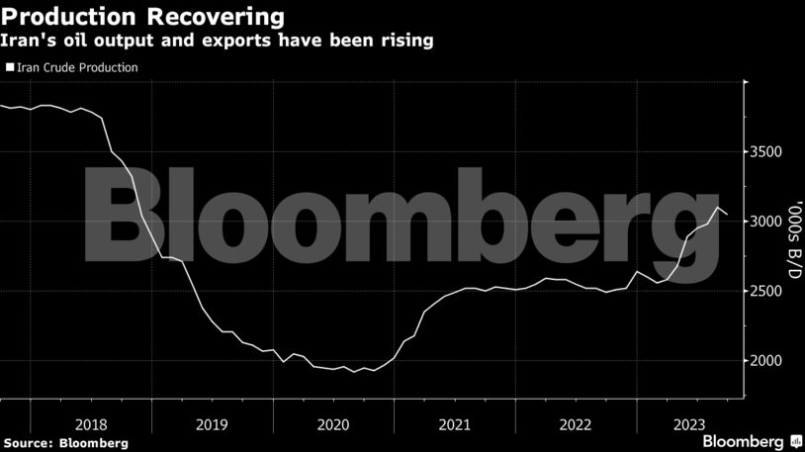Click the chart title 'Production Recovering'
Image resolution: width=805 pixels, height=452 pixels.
point(144,17)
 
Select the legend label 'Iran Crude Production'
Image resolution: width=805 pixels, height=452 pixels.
point(76,67)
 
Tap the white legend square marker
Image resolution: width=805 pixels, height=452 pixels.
point(10,67)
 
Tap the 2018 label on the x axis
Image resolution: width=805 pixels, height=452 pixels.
point(91,423)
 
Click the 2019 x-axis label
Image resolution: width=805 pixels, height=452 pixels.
point(212,423)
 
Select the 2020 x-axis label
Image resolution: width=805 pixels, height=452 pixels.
point(332,423)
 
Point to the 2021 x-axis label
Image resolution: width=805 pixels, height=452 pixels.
point(454,423)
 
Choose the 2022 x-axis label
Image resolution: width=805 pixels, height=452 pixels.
point(575,423)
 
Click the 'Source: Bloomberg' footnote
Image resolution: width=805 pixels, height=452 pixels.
point(64,443)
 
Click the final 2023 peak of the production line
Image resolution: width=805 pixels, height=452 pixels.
point(718,207)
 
